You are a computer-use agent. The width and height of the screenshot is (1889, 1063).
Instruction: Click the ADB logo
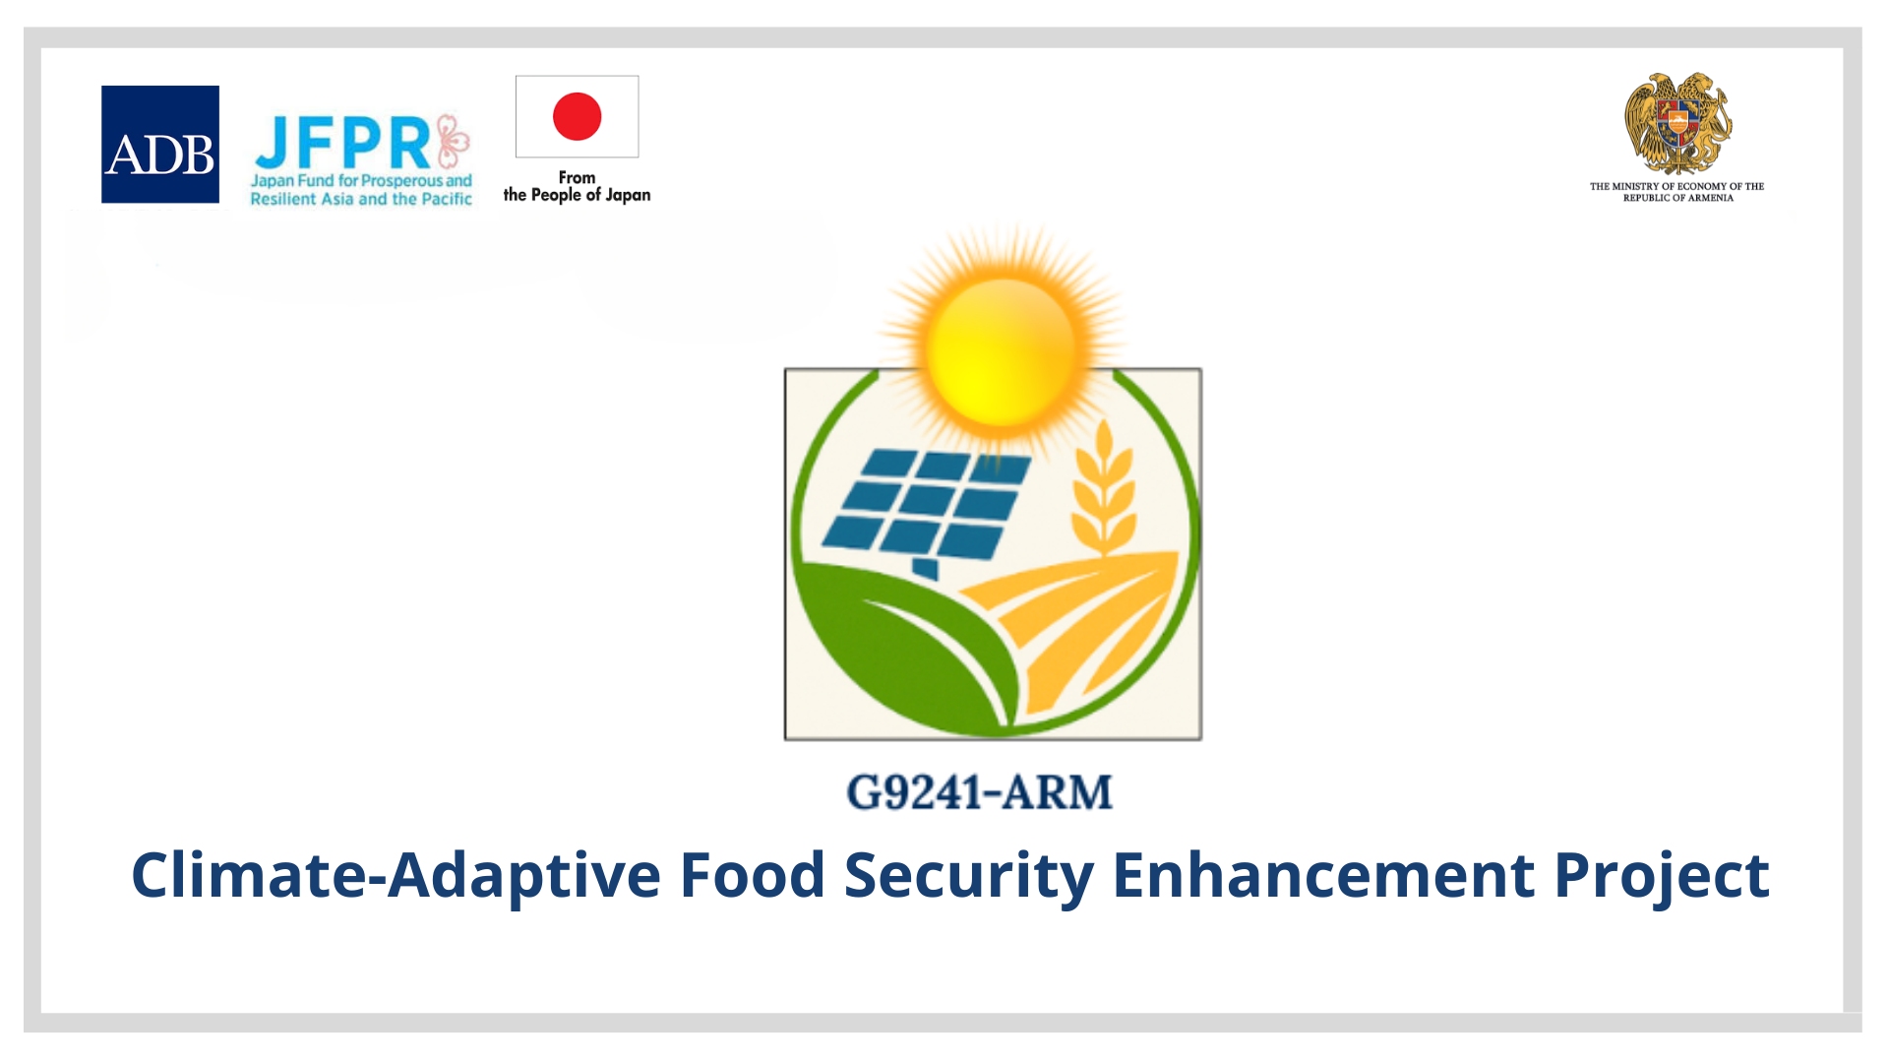[160, 145]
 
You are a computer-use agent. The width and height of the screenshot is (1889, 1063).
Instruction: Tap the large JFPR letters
[342, 143]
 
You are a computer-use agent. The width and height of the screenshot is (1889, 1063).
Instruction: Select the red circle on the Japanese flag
[577, 116]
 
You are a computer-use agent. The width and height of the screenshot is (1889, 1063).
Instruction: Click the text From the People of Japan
[577, 186]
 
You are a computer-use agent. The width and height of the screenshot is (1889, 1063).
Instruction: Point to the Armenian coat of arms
[1677, 124]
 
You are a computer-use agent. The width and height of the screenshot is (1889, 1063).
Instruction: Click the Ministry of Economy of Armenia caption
[1677, 192]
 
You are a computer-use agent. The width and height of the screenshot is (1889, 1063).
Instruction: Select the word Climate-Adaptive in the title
[396, 876]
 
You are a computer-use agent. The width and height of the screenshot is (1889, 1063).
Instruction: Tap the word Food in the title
[753, 874]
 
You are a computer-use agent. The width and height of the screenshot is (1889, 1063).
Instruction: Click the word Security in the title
[969, 876]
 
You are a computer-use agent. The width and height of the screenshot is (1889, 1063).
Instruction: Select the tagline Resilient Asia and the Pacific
[361, 199]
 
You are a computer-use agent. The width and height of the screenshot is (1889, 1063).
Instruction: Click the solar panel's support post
[924, 568]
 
